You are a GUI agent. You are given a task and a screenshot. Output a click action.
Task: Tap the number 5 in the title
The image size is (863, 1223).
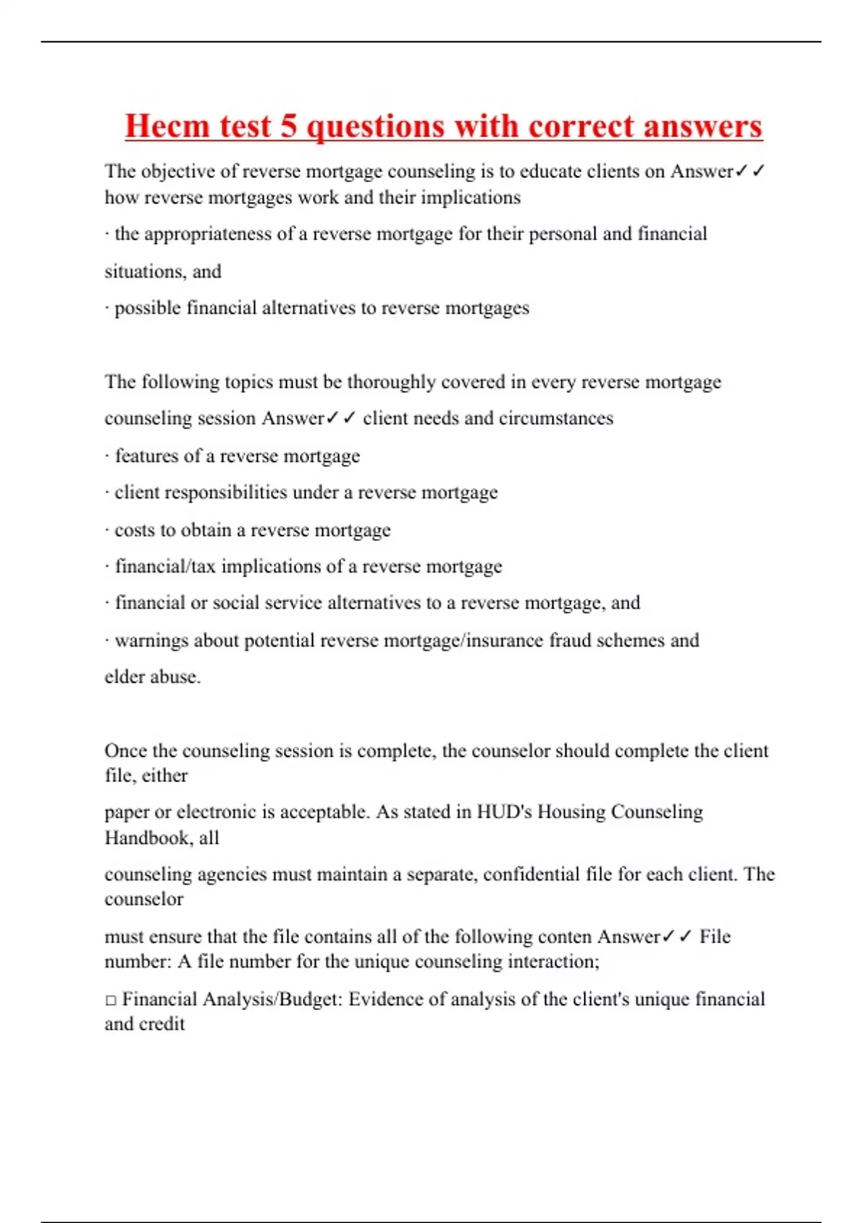288,127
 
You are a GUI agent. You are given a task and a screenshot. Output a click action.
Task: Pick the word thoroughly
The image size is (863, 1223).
391,382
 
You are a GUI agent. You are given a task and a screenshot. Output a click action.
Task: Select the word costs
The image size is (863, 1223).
133,530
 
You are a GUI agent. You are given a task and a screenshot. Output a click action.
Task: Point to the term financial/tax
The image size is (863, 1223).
165,567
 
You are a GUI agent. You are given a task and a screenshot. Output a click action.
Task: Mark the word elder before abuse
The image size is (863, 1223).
124,677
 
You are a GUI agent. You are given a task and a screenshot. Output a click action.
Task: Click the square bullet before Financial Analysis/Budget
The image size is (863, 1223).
111,1000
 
